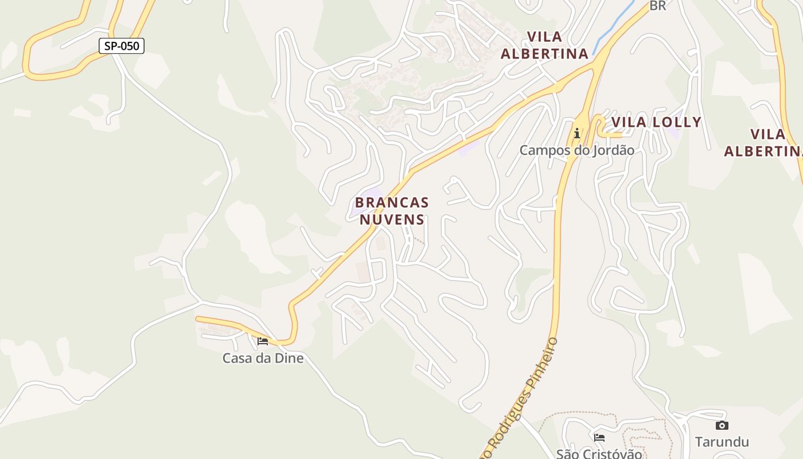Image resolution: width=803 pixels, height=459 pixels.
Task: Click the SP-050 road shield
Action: pos(121,46)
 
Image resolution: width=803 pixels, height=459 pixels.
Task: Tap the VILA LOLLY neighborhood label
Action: pos(656,122)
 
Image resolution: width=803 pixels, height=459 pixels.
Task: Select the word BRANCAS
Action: pos(392,203)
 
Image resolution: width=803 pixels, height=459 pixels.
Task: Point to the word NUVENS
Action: pos(392,219)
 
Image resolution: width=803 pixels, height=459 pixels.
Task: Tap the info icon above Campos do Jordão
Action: pos(577,134)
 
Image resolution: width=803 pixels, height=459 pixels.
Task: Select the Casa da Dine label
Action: pos(263,358)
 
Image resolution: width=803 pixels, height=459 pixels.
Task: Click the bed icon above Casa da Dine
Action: pos(263,341)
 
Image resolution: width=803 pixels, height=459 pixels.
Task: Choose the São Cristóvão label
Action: pos(599,453)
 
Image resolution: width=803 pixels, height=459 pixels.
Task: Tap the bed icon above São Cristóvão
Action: pos(599,437)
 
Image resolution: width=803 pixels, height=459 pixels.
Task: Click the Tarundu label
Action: pos(722,442)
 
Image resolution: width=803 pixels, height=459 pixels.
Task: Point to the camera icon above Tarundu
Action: pos(722,426)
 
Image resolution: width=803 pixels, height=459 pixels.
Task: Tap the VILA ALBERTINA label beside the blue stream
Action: pos(544,45)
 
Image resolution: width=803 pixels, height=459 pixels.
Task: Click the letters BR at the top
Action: pos(657,6)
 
